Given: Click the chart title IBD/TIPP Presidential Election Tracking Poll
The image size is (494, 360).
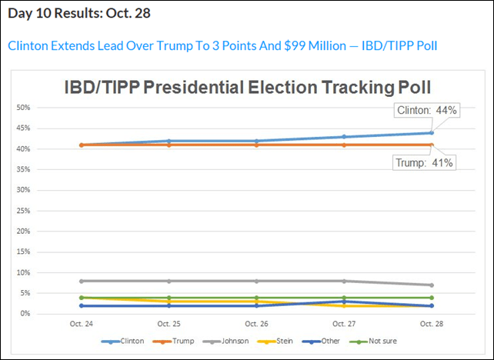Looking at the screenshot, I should pos(247,87).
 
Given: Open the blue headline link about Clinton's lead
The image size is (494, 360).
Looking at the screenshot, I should pos(222,45).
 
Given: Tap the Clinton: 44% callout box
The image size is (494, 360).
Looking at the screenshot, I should pos(426,110).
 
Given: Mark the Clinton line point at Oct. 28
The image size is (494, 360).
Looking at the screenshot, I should pos(432,132).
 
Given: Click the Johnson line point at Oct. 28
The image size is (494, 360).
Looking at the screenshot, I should pos(432,285).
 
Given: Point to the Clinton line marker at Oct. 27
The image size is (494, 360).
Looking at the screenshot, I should pos(344,137).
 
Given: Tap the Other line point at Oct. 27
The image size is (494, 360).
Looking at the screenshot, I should pos(344,302).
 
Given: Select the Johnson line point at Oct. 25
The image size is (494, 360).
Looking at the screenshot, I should pos(169,281).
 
